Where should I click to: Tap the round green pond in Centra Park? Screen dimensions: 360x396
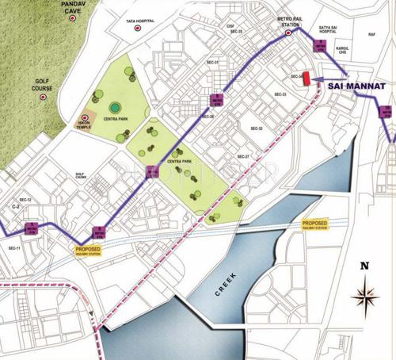click(x=116, y=107)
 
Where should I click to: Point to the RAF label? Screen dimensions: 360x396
click(x=371, y=35)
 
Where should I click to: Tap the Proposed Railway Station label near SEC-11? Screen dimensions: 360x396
click(x=88, y=251)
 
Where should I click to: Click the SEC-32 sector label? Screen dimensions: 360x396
click(x=256, y=128)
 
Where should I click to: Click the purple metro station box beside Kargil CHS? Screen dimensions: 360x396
click(x=321, y=48)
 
